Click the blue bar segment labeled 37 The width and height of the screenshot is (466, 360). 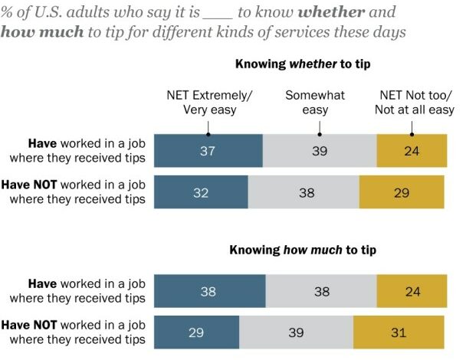pos(208,151)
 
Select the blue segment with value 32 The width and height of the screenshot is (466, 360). pos(201,193)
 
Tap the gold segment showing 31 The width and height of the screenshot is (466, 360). pos(399,332)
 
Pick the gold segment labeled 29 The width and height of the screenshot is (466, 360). pos(402,193)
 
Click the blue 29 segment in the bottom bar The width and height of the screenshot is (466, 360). pos(197,332)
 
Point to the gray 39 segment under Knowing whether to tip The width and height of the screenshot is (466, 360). pos(320,151)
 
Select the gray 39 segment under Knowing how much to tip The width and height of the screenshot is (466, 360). pos(297,332)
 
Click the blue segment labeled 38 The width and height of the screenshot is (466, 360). pos(209,291)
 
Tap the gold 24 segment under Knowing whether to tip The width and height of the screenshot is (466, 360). pos(411,151)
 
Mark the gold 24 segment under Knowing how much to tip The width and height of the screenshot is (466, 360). pos(411,291)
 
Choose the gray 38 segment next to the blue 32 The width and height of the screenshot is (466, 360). pos(304,193)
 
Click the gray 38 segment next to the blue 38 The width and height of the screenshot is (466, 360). pos(321,291)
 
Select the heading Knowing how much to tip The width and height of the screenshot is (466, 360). pos(303,250)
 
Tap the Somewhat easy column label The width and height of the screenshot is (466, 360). pos(315,103)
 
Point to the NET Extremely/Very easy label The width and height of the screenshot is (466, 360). pos(209,103)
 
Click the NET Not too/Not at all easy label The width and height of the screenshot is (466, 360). pos(417,103)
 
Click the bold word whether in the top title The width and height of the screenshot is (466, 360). pos(349,13)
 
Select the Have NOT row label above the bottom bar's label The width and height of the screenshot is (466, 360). pos(74,193)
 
